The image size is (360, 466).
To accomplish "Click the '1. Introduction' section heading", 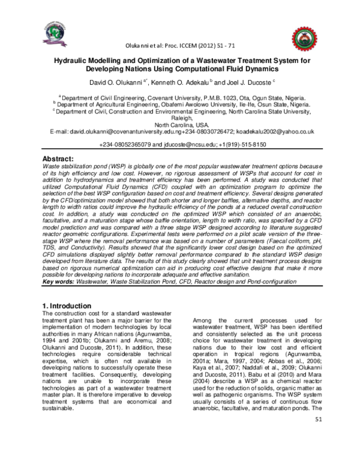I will point(67,306).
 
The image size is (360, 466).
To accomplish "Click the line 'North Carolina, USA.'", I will point(180,124).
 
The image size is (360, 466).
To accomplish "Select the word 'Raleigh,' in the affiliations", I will point(180,118).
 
